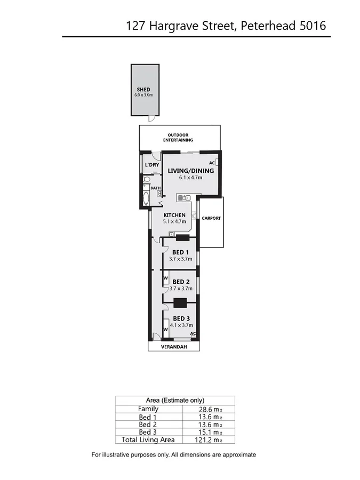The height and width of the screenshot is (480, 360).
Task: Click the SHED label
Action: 143,89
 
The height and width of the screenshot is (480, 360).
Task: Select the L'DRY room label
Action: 152,165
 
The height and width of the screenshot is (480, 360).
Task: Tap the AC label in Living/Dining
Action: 211,163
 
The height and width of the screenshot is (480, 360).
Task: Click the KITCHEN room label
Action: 174,215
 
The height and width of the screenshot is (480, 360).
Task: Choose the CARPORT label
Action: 211,218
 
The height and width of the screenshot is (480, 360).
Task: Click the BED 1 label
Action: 181,252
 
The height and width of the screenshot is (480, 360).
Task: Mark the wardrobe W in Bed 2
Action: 165,278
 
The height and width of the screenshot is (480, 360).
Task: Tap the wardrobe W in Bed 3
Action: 166,329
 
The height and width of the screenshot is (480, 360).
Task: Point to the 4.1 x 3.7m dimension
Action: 181,325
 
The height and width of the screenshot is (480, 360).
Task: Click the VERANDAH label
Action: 174,346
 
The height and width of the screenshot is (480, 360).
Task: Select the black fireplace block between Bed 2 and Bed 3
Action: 180,303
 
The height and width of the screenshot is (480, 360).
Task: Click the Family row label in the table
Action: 148,409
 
